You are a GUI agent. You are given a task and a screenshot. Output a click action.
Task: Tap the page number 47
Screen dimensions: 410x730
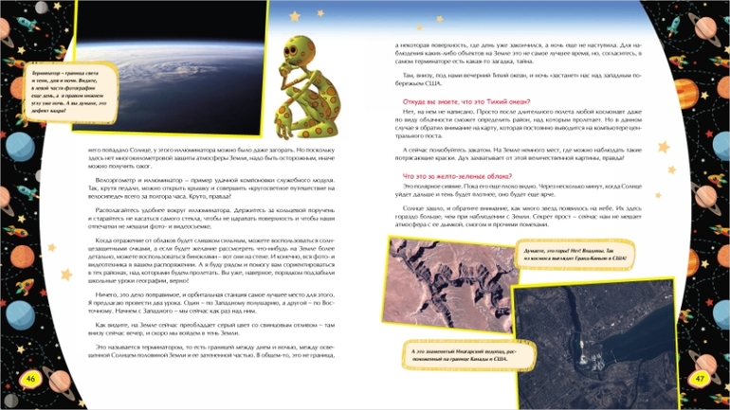pyautogui.click(x=700, y=379)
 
